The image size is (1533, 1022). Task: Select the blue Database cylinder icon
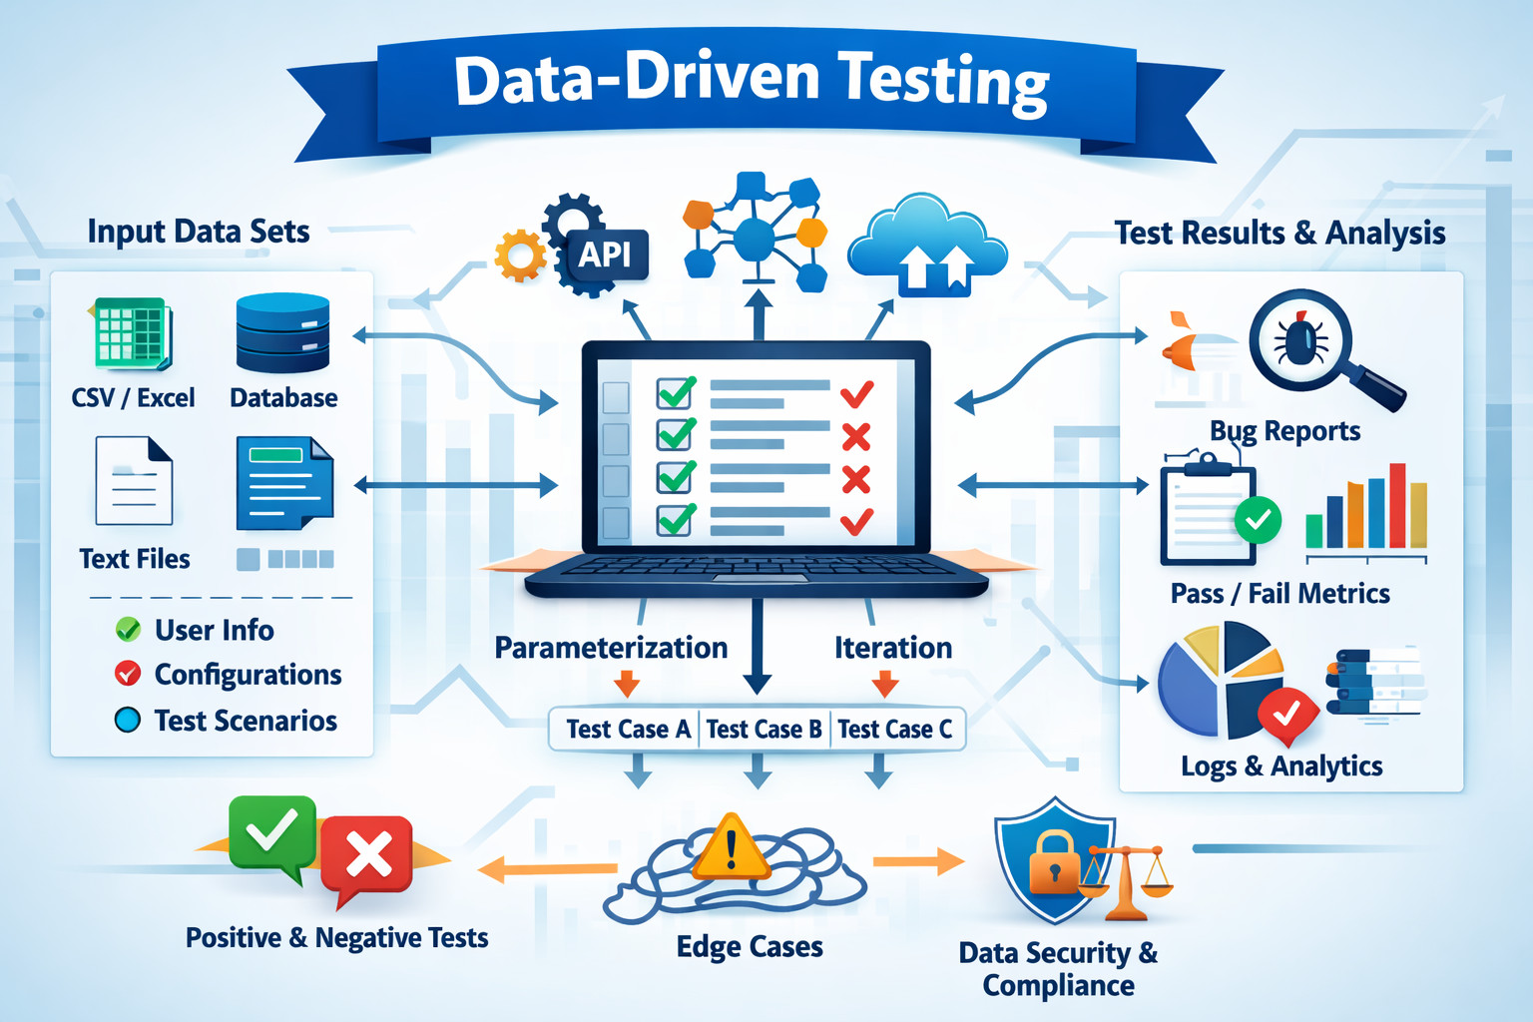[x=282, y=332]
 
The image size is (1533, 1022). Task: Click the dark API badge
[x=605, y=255]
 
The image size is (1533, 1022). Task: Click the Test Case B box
[x=764, y=730]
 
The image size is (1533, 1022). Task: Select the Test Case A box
[x=628, y=730]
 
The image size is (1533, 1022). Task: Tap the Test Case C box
[x=894, y=730]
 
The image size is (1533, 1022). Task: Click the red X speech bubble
[x=367, y=854]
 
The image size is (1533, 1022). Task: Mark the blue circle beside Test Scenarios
[x=128, y=720]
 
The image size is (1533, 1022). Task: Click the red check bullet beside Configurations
[x=128, y=674]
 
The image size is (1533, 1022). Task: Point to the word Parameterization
[x=611, y=648]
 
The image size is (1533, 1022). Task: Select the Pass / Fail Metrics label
[x=1279, y=594]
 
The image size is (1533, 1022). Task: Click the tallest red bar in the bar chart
[x=1397, y=505]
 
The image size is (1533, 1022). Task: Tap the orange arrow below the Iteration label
[x=884, y=685]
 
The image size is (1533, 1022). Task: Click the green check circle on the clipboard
[x=1258, y=519]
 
